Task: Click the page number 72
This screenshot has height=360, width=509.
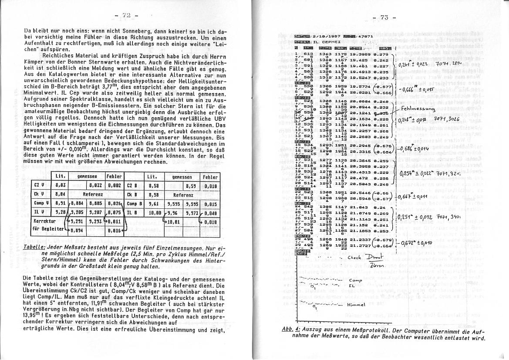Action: click(127, 16)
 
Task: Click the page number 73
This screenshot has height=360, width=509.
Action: click(384, 18)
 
